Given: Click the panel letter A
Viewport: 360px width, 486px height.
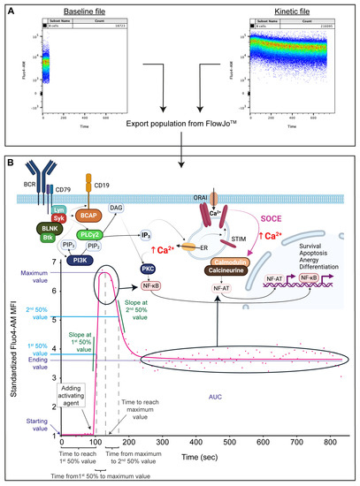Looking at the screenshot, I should (x=10, y=10).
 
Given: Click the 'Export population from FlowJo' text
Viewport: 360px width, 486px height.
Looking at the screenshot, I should (x=180, y=140).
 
